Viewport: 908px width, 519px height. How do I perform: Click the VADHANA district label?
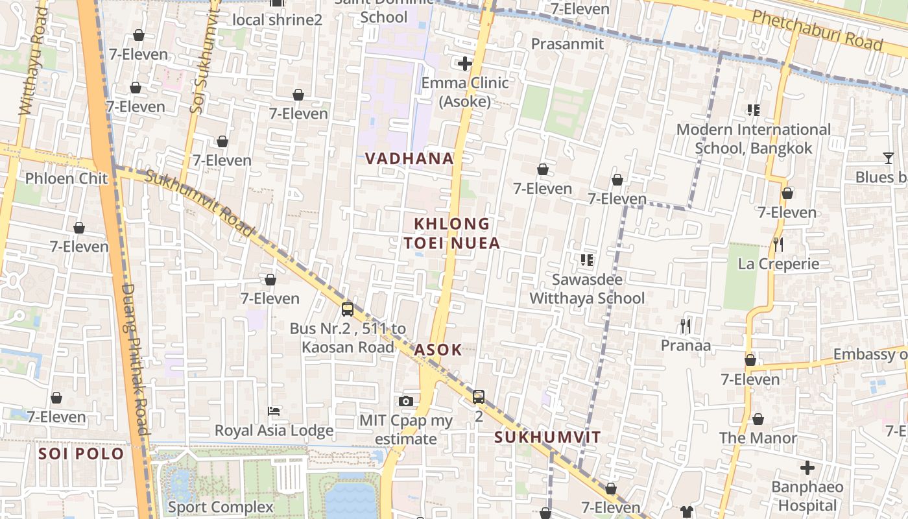(x=409, y=158)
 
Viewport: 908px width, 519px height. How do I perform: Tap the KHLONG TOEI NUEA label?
(x=452, y=234)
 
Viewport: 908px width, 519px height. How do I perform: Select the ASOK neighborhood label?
(x=438, y=350)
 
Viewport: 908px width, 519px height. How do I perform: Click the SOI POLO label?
(x=81, y=453)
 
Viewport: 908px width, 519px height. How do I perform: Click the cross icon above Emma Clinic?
(x=464, y=64)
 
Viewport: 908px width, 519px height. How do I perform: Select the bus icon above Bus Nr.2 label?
(x=348, y=309)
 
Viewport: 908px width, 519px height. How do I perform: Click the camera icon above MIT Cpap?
(x=406, y=401)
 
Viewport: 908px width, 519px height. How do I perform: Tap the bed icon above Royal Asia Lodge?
(x=274, y=411)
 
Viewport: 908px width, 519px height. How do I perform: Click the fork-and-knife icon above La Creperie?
(x=778, y=245)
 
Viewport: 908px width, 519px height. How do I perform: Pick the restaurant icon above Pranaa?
(x=685, y=326)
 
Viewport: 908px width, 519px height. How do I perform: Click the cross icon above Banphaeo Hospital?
(x=807, y=467)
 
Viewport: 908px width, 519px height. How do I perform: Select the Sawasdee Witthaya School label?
(x=587, y=289)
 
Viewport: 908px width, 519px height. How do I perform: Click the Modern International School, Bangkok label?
(x=753, y=139)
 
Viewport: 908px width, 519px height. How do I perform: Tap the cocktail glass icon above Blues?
(x=888, y=158)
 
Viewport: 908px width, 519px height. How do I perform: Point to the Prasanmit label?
(x=567, y=43)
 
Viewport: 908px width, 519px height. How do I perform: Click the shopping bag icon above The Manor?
(x=758, y=419)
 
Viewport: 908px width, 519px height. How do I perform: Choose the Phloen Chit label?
(x=66, y=178)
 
